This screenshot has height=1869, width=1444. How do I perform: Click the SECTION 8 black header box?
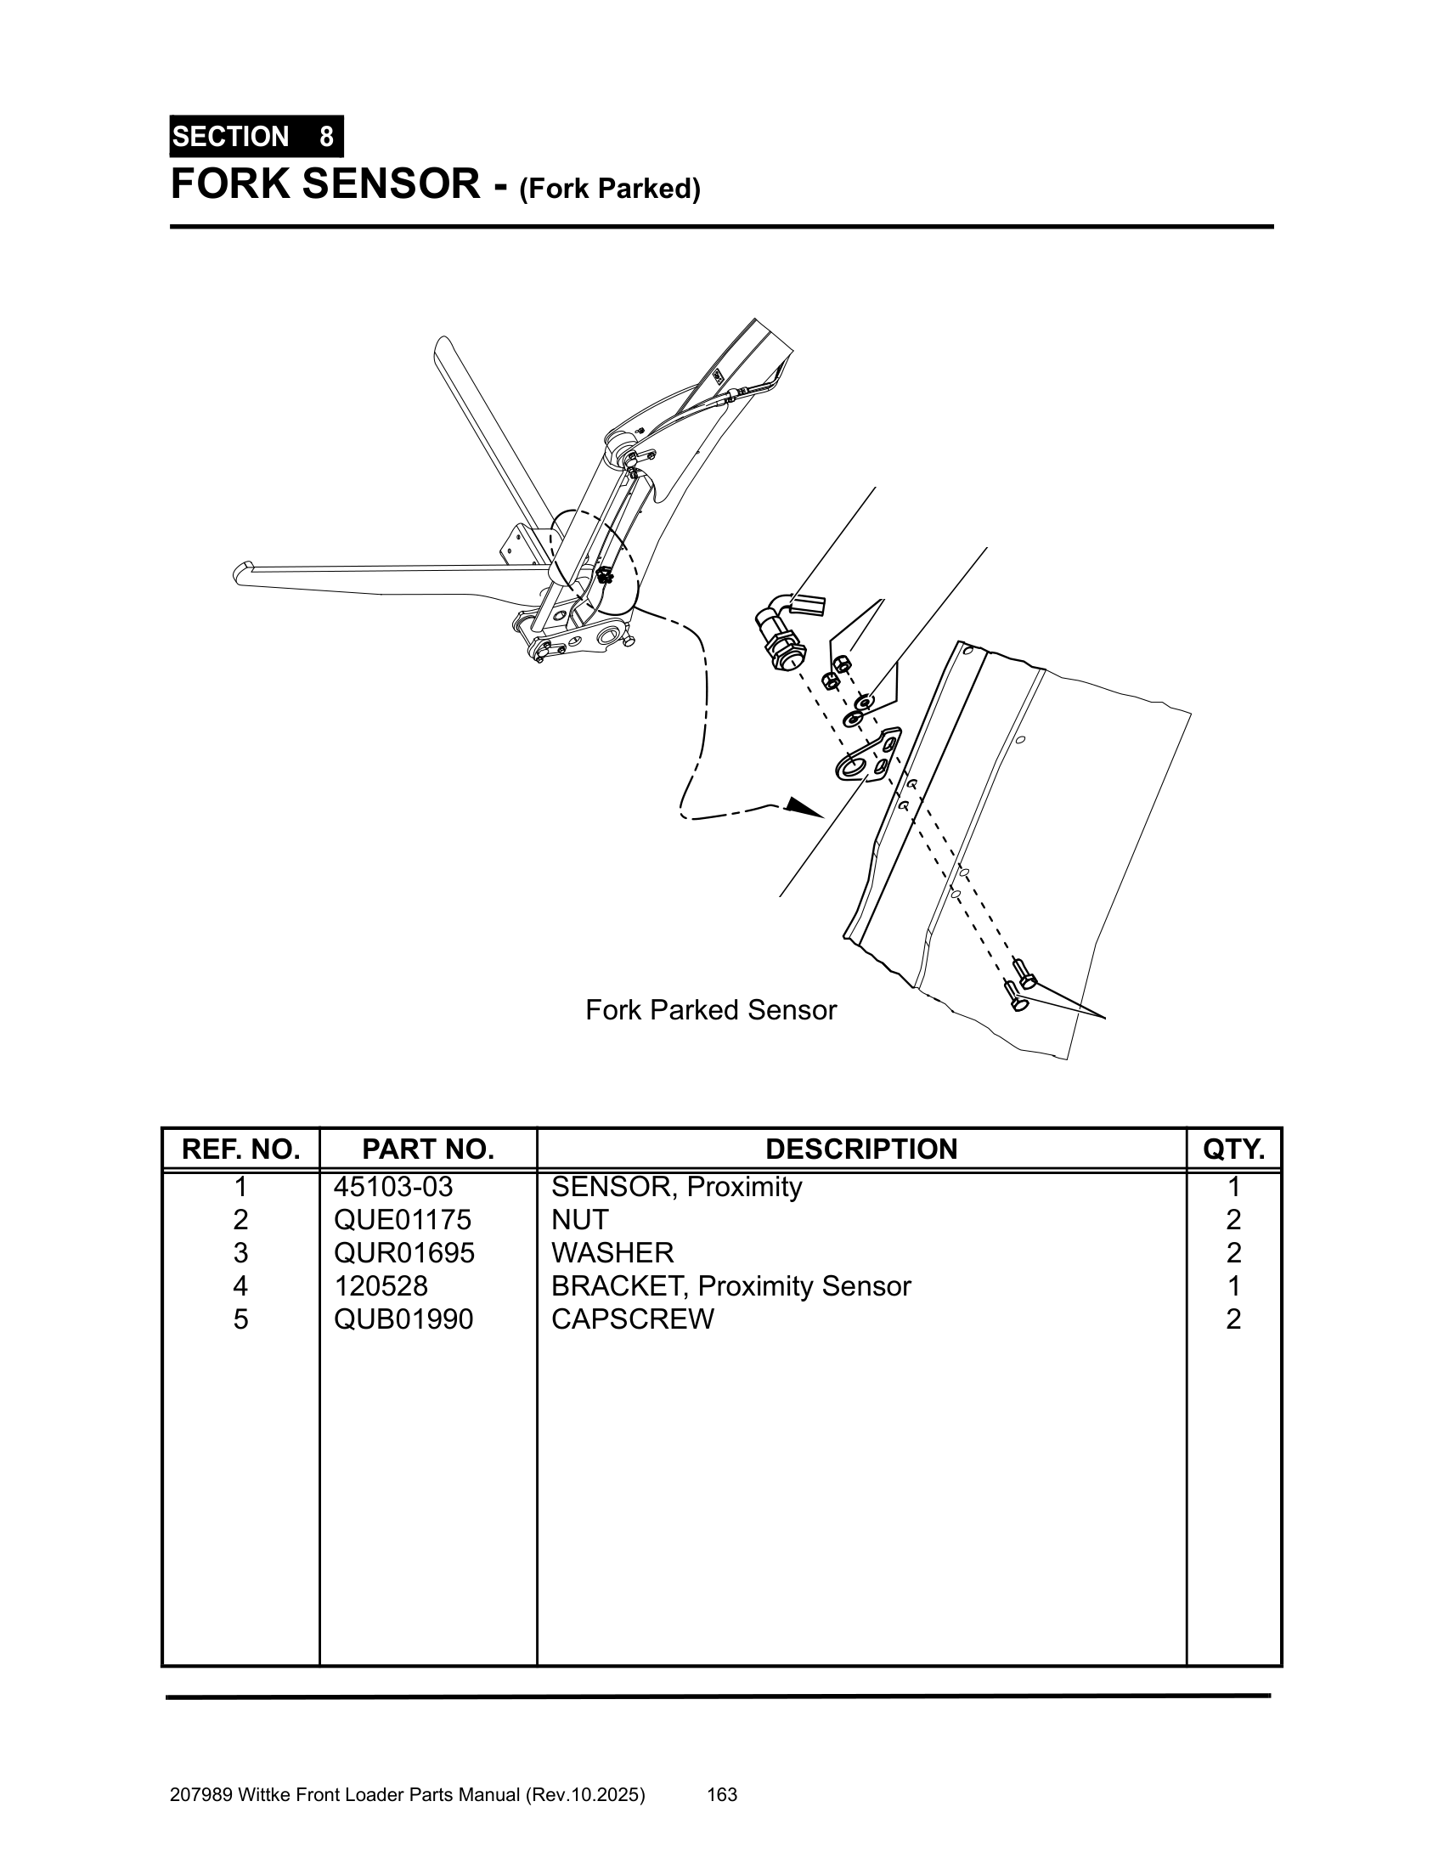(256, 137)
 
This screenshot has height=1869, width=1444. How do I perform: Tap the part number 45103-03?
(392, 1187)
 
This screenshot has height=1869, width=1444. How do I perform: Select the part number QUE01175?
(402, 1219)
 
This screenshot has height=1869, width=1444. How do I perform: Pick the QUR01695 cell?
(403, 1253)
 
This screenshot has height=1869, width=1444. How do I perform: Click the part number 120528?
(381, 1286)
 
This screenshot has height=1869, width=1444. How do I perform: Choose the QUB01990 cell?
(403, 1318)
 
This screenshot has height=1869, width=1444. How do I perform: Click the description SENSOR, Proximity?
(677, 1187)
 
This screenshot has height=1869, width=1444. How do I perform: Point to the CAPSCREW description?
(632, 1318)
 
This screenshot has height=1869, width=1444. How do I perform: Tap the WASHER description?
(612, 1253)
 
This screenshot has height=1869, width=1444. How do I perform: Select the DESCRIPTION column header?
(860, 1149)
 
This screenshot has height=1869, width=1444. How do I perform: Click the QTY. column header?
(1233, 1149)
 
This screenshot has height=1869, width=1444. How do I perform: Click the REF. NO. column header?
(240, 1149)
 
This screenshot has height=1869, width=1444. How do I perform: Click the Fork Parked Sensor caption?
(710, 1010)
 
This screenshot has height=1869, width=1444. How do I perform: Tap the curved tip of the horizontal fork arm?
(242, 572)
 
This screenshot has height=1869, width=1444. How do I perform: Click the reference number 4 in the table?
(240, 1286)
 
